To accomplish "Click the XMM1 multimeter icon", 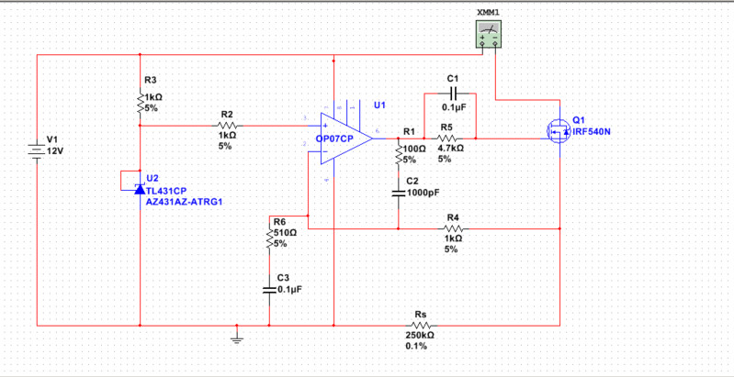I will click(x=489, y=35).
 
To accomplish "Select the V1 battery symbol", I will click(x=37, y=148).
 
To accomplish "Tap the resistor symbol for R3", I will click(x=140, y=102).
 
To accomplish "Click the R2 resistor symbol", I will click(x=227, y=125).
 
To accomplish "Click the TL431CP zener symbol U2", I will click(x=139, y=189).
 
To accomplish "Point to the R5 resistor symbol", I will click(x=447, y=138).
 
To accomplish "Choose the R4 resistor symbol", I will click(x=453, y=229).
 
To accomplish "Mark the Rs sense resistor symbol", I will click(x=421, y=325).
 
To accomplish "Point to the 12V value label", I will click(x=54, y=150).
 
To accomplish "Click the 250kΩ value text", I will click(x=421, y=336).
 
